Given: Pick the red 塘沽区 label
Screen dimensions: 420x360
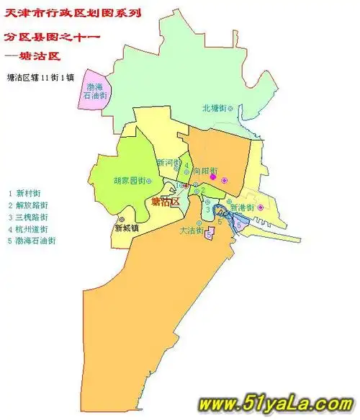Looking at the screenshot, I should (166, 204).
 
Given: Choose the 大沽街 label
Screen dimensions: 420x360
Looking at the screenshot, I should (190, 231).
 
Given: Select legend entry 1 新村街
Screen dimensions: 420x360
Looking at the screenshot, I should (24, 193).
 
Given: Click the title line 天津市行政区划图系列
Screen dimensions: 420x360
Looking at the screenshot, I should (72, 13).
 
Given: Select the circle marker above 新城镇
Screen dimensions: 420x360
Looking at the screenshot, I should (122, 218).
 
